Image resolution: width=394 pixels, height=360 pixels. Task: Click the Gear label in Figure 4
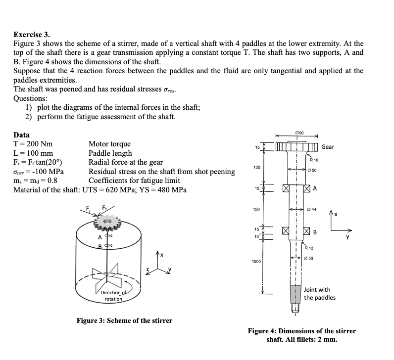[328, 147]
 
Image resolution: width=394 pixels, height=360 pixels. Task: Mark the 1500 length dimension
[257, 261]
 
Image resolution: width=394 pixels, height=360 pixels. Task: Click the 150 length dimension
[257, 210]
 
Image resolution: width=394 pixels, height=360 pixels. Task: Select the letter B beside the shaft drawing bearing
[314, 231]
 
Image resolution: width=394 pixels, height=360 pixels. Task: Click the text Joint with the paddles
[320, 294]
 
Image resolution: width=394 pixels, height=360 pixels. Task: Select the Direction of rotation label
[113, 296]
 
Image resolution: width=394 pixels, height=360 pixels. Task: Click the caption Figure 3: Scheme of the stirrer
[124, 321]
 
